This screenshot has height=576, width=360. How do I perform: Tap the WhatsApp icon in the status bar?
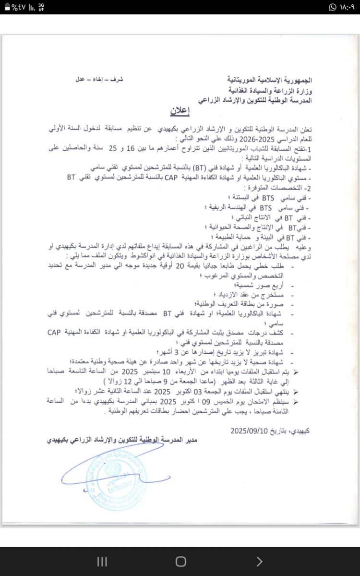coord(333,7)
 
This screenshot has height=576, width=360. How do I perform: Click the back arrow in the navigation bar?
coord(259,561)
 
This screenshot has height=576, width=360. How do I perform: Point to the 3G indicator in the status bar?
coord(41,7)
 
